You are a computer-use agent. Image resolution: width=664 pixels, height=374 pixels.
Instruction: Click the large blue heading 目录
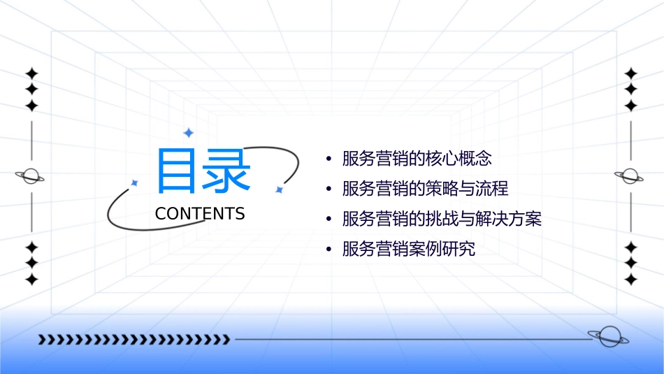pos(203,171)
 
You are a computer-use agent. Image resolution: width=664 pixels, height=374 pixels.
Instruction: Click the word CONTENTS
pos(200,213)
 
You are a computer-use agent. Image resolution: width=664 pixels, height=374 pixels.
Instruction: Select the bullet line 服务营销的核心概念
pos(417,159)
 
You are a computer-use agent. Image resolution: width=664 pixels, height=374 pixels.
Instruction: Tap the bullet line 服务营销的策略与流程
pos(425,189)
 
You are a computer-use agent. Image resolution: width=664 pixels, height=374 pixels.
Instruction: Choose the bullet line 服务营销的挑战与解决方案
pos(442,219)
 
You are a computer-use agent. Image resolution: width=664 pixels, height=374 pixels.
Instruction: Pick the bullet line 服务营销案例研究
pos(408,249)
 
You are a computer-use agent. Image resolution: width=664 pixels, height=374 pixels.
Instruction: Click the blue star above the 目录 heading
pos(187,133)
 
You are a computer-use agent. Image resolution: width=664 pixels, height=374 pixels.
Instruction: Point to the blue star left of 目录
pos(135,182)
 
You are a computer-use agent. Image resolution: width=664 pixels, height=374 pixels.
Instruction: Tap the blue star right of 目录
pos(278,189)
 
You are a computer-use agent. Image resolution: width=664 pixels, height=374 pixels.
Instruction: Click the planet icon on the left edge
pos(31,176)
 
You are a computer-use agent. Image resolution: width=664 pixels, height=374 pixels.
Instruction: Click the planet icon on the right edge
pos(630,176)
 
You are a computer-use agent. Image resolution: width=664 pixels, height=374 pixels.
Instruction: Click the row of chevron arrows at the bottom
pos(133,340)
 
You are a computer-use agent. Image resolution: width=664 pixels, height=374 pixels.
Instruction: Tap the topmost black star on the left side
pos(31,73)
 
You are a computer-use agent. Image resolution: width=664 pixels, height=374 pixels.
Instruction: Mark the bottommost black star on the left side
pos(31,279)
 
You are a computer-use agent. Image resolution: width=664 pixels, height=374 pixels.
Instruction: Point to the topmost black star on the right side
pos(630,73)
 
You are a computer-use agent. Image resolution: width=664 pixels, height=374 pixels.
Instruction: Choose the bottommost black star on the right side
pos(630,279)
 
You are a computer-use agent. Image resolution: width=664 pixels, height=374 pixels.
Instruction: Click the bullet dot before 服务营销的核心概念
pos(329,159)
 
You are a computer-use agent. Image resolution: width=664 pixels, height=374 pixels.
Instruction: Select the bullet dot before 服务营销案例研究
pos(329,250)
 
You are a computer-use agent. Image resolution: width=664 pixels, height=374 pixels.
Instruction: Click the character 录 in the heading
pos(227,171)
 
